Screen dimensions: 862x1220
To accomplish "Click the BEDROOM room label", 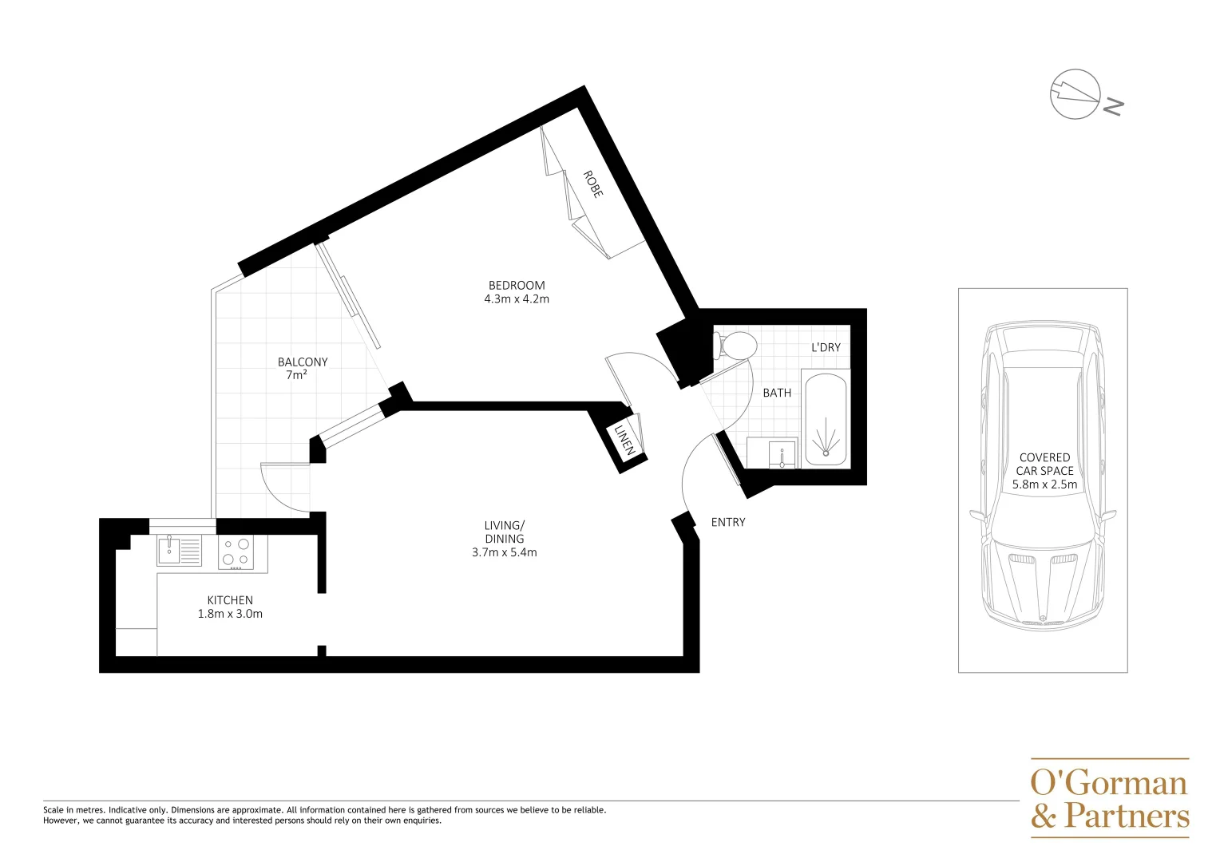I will [517, 285].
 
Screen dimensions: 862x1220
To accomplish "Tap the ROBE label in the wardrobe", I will [592, 184].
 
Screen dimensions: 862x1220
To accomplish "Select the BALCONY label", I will [303, 362].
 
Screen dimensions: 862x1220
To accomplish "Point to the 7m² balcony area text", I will [296, 375].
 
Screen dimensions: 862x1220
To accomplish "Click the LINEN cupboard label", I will [624, 440].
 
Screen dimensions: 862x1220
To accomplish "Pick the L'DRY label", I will [826, 347].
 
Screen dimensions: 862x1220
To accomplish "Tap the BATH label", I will [777, 393].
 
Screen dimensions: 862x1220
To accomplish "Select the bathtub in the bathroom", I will [826, 420].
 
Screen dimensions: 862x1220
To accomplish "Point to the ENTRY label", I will [728, 522].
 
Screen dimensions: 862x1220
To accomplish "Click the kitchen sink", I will [169, 549].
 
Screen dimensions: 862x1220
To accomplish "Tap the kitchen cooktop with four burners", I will [236, 552].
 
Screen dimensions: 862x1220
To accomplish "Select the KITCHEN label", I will [230, 600].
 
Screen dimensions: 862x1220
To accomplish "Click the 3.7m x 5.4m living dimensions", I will [505, 552].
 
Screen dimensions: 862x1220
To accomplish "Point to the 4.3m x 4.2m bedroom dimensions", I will [517, 299].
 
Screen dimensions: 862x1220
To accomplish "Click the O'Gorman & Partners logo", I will [1110, 798].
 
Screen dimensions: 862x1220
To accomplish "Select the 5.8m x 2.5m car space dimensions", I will [1044, 484].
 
